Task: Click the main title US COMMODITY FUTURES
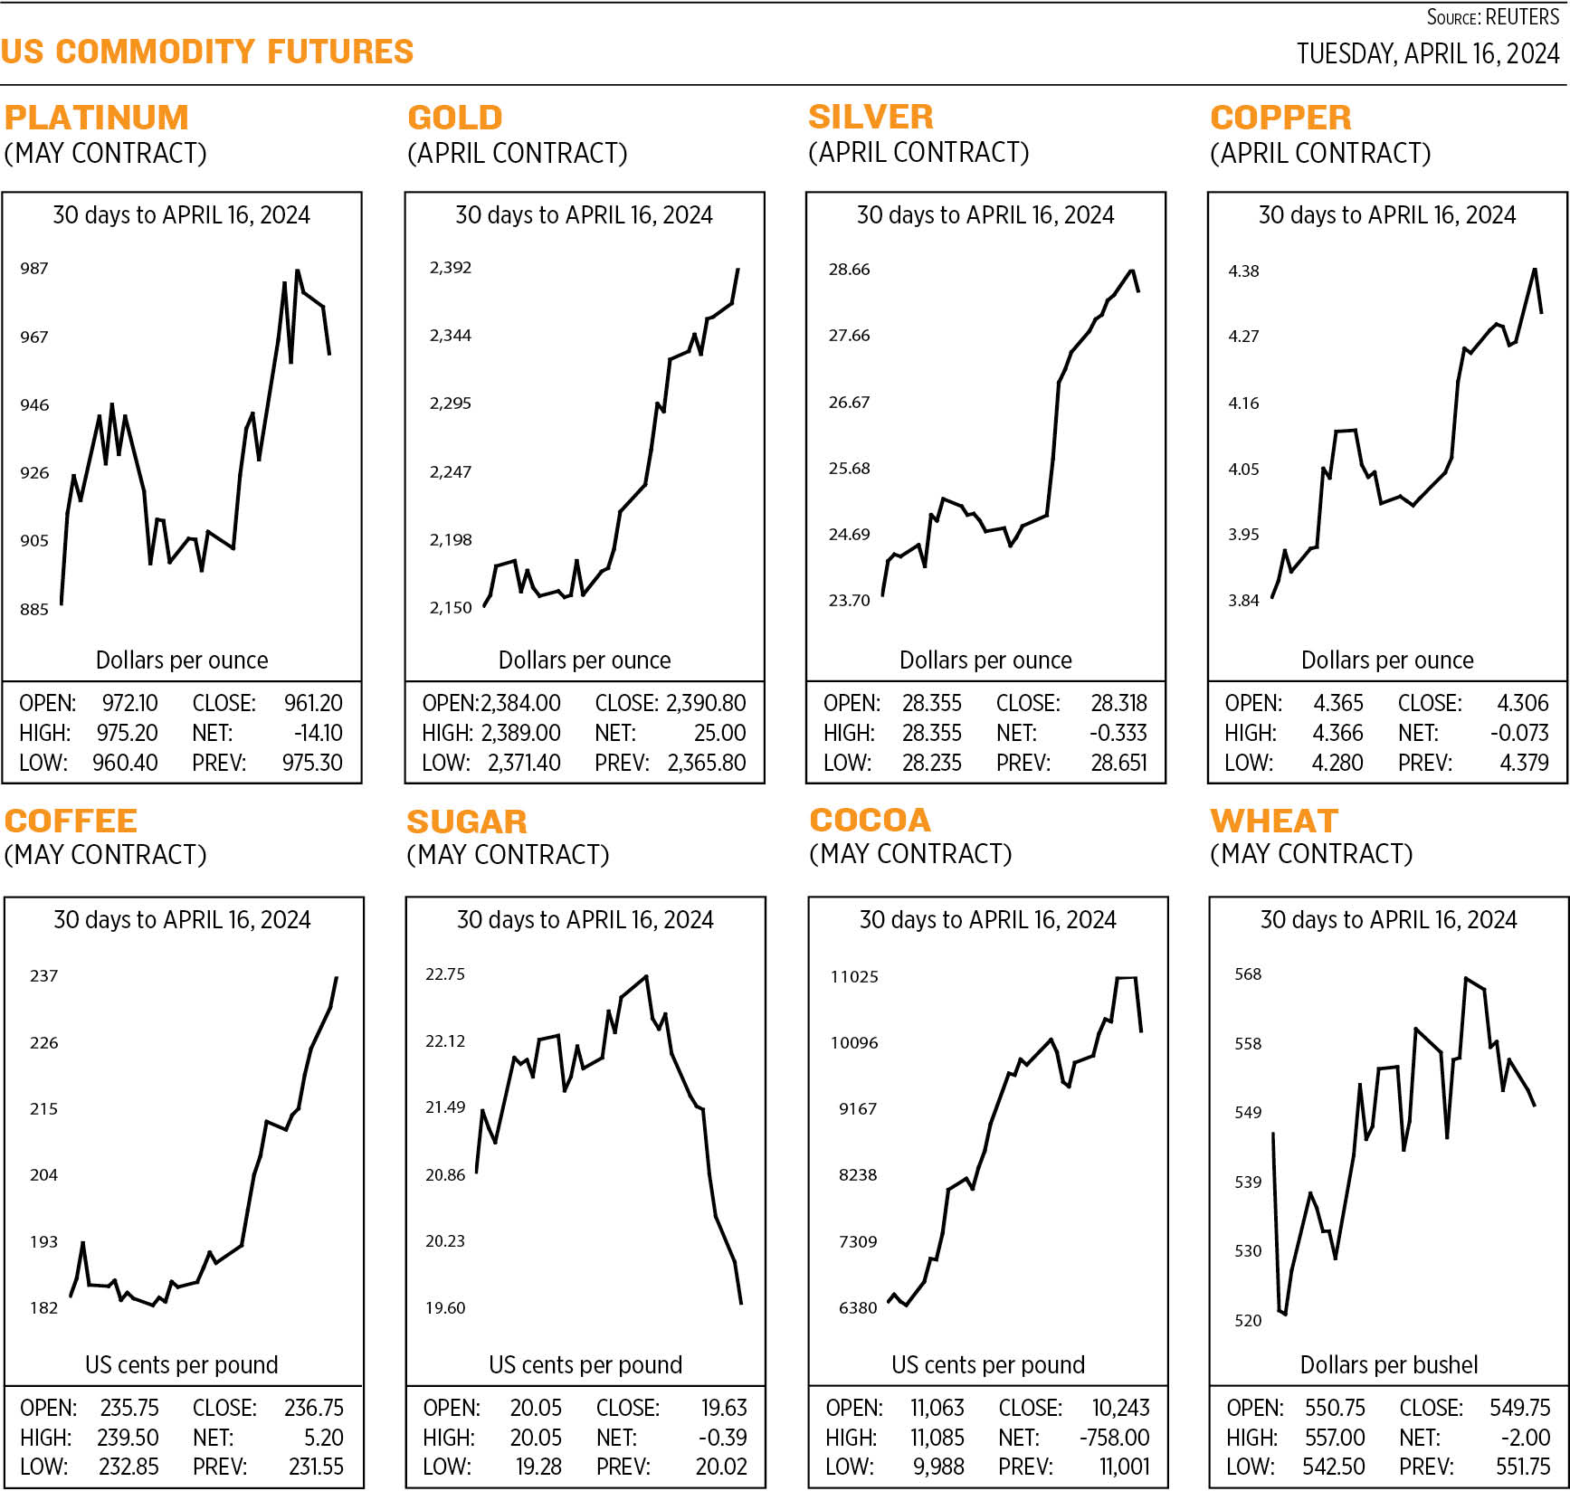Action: (207, 52)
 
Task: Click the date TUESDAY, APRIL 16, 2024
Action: (1427, 54)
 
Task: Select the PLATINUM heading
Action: (97, 118)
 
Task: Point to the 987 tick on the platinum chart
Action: (34, 269)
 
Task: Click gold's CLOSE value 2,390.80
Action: (706, 704)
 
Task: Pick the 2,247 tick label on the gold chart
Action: (450, 472)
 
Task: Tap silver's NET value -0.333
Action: (1118, 734)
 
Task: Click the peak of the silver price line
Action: (1131, 271)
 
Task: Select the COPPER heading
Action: (1280, 118)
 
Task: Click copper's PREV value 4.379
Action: (1524, 764)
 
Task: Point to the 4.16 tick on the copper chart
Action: (1243, 404)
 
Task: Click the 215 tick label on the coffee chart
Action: (43, 1109)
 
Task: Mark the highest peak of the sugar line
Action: (646, 976)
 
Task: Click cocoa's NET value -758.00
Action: (1114, 1439)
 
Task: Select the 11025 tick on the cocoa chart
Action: (854, 977)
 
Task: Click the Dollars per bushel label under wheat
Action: (1388, 1365)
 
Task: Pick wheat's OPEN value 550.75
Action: (1335, 1409)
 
